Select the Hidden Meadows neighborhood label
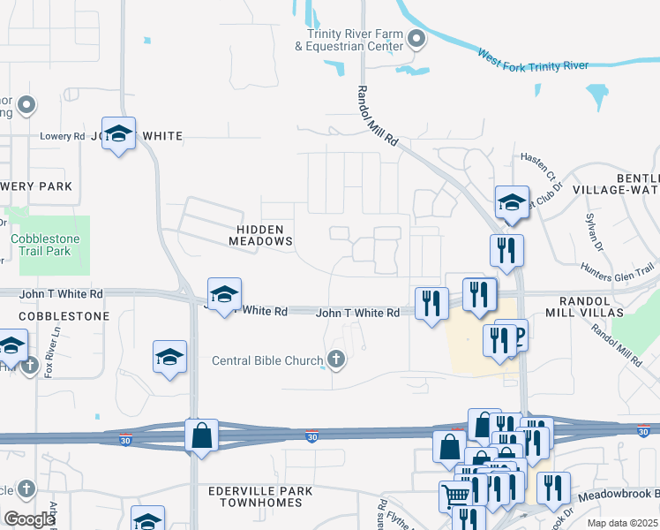pos(260,234)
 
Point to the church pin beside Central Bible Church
pos(335,360)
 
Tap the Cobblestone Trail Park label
pos(45,245)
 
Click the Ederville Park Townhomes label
pos(255,496)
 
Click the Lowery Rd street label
pos(62,136)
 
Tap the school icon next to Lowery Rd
pos(118,134)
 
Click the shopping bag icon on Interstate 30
pos(202,435)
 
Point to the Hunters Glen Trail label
pos(618,271)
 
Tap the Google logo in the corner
pos(29,519)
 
